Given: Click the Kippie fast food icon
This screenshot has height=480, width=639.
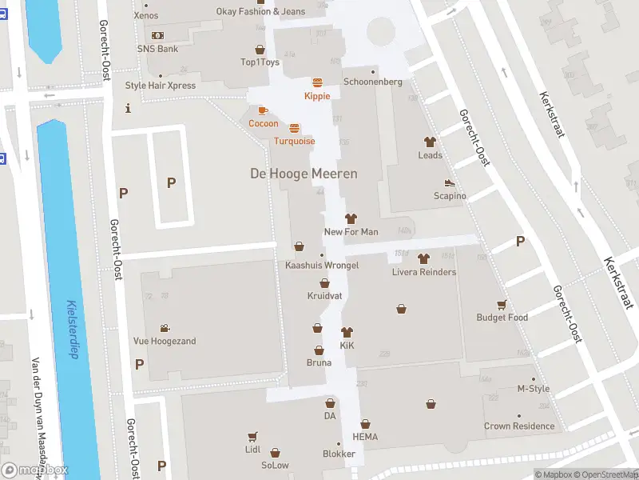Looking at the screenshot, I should [317, 82].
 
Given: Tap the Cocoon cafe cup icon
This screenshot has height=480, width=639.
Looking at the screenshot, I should [263, 110].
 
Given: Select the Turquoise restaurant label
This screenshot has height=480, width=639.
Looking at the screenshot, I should [294, 141].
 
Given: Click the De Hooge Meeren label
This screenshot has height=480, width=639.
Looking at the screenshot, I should [304, 174].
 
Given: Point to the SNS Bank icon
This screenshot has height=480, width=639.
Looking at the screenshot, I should [157, 35].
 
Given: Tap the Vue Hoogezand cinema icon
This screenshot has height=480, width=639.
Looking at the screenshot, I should [164, 328].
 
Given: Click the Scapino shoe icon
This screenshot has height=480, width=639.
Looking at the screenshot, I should [449, 183].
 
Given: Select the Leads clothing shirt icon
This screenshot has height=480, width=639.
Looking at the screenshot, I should [430, 142].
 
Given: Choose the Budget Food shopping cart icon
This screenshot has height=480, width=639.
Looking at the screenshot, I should [502, 304].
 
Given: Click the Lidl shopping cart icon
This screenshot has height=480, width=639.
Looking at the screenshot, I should [253, 437].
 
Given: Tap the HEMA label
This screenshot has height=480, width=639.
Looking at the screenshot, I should [365, 437].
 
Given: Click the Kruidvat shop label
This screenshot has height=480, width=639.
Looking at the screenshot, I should [324, 296].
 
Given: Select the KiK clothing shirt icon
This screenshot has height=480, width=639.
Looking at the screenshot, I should [347, 332].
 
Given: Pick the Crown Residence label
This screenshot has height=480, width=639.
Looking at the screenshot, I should [518, 426].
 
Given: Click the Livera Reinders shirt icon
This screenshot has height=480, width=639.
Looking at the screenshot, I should [423, 258].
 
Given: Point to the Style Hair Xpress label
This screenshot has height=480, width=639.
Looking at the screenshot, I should [160, 86].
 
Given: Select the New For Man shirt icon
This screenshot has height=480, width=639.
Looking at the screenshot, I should [351, 218].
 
